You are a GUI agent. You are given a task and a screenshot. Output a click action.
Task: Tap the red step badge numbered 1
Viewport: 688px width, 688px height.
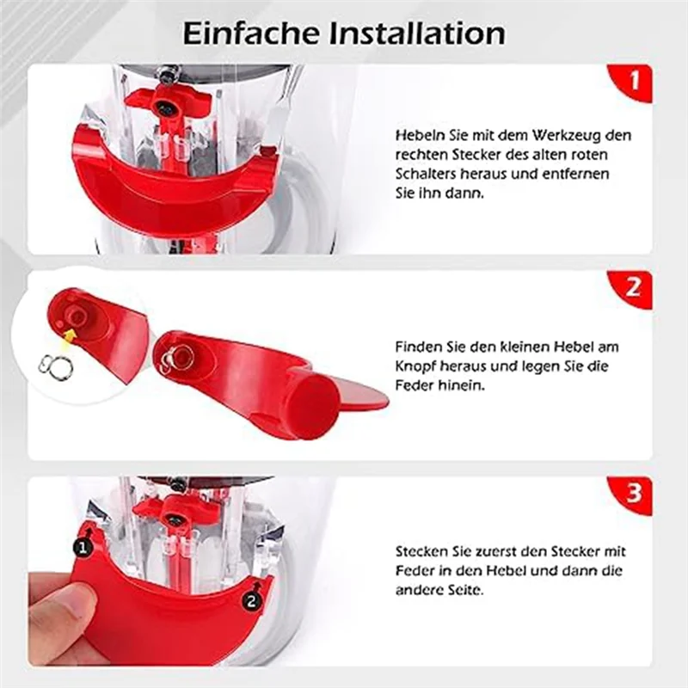(634, 82)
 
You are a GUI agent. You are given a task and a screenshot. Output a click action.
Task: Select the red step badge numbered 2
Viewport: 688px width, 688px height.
(634, 288)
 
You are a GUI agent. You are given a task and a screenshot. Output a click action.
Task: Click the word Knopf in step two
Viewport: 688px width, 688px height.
(416, 367)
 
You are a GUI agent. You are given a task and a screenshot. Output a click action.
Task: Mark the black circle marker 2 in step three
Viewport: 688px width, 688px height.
(250, 602)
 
